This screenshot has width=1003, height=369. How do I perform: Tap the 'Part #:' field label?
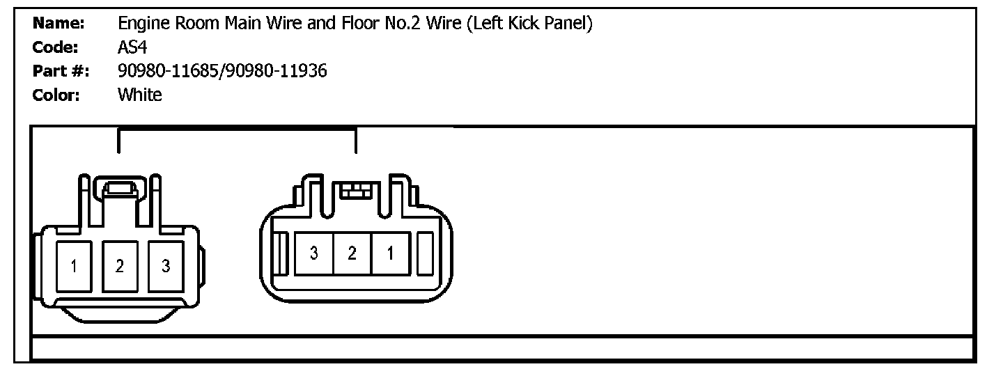coord(61,71)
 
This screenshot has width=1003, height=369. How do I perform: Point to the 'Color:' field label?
coord(56,95)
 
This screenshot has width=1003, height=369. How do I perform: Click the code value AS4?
coord(132,47)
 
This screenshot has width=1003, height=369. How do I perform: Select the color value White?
coord(139,95)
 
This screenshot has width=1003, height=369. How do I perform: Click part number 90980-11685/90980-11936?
coord(223,71)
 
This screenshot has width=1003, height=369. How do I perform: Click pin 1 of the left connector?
coord(73,266)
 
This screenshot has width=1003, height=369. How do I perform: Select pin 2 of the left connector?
coord(120,266)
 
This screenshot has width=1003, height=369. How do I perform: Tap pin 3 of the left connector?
coord(166,266)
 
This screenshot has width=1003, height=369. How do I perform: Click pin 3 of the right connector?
coord(313,253)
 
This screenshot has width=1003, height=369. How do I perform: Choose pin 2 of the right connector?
coord(352,253)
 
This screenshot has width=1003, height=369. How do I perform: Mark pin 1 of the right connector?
coord(390,253)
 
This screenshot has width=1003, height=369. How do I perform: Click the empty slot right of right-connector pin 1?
coord(424,253)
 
